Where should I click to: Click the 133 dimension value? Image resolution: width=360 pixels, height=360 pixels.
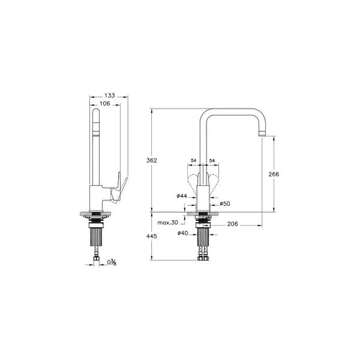pyautogui.click(x=109, y=95)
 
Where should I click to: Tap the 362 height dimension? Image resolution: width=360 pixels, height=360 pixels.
pyautogui.click(x=152, y=160)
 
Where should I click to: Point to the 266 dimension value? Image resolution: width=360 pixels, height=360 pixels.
pyautogui.click(x=274, y=174)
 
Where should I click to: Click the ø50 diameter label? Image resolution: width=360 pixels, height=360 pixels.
pyautogui.click(x=226, y=203)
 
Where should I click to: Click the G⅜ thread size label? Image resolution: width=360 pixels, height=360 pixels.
pyautogui.click(x=112, y=262)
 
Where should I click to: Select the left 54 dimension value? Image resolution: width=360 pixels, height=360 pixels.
pyautogui.click(x=194, y=160)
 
